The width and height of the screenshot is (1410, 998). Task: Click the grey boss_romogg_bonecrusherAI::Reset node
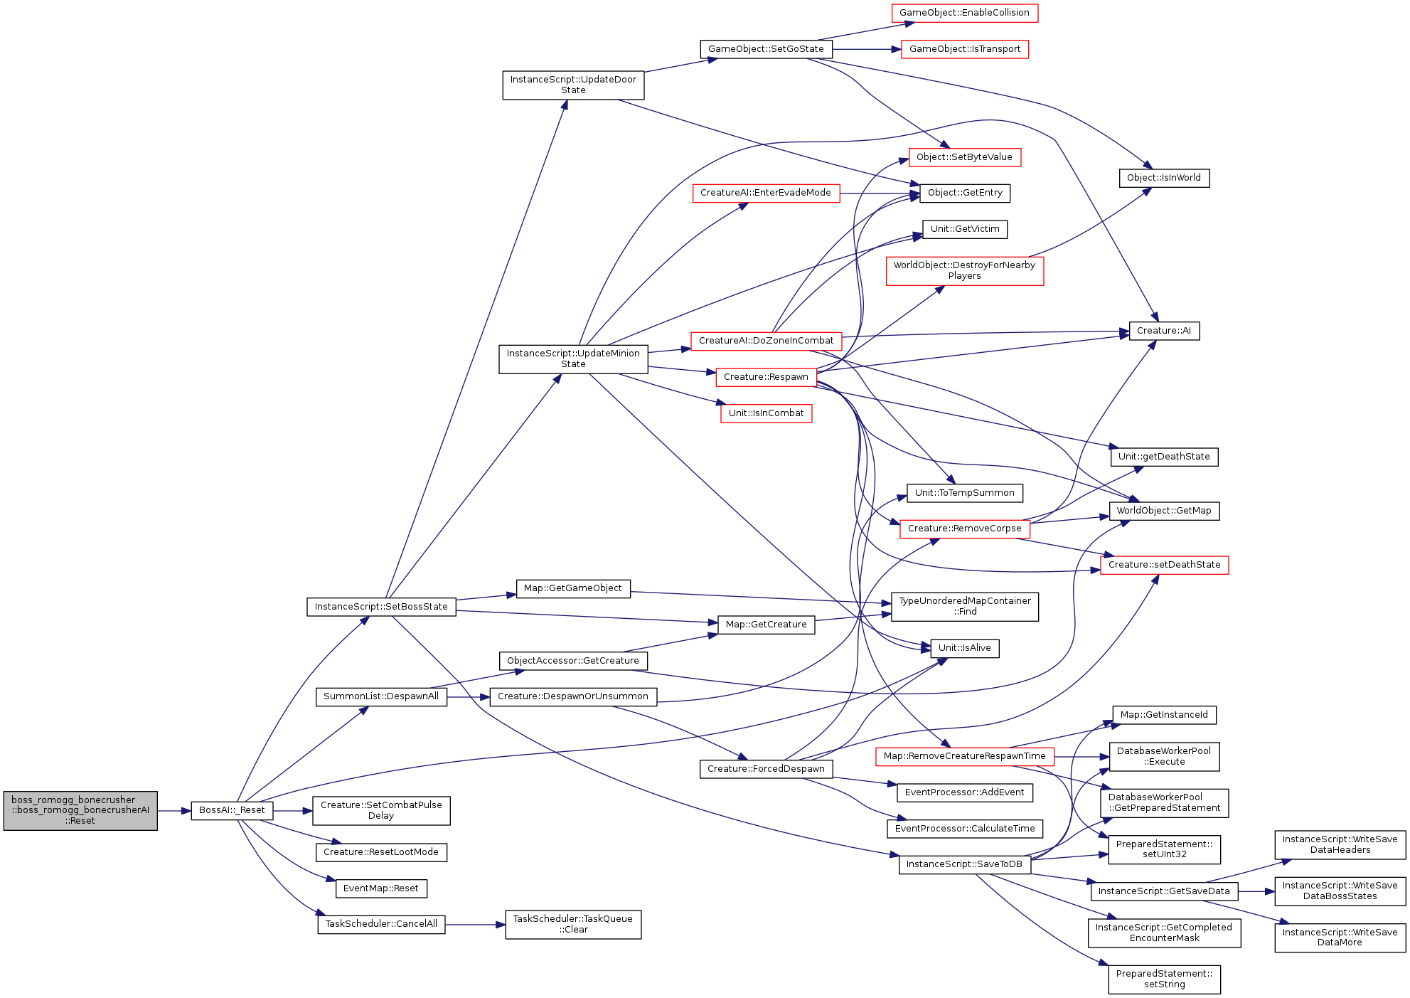80,810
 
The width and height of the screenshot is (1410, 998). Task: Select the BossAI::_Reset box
232,810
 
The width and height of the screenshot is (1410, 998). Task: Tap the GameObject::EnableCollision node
964,13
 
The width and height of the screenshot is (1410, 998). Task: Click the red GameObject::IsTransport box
965,49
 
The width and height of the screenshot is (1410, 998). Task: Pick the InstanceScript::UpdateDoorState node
573,85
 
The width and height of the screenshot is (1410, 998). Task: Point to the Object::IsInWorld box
1164,178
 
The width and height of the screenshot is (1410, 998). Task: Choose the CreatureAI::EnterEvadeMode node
766,193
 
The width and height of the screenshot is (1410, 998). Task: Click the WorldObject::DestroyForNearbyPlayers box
965,271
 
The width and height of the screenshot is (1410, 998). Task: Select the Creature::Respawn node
766,377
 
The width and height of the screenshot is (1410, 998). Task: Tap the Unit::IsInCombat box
766,413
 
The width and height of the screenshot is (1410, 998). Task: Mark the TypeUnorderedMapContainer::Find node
965,607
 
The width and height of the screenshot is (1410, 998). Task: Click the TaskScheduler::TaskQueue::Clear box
573,925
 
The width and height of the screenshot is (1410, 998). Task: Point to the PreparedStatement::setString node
1164,980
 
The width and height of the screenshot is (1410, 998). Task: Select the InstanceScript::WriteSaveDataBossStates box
1340,891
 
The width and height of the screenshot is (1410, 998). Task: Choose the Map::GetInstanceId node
1164,715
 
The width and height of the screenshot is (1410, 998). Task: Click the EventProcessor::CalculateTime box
965,829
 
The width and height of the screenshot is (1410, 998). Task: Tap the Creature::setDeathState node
1164,565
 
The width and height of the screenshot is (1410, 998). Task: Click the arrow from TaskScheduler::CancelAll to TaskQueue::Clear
475,925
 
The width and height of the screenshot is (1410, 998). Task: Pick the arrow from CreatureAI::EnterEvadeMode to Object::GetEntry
880,193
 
